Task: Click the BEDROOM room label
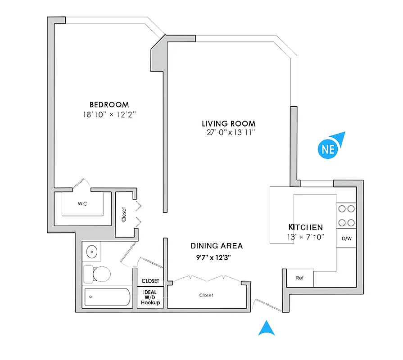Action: pyautogui.click(x=109, y=104)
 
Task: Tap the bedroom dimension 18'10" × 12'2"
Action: pyautogui.click(x=109, y=114)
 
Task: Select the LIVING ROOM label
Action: pyautogui.click(x=228, y=123)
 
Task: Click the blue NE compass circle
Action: pyautogui.click(x=328, y=149)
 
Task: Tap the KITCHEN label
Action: pyautogui.click(x=305, y=227)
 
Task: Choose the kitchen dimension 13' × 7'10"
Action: pyautogui.click(x=306, y=237)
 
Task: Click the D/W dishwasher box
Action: pyautogui.click(x=346, y=238)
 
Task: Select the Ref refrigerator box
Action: pyautogui.click(x=300, y=278)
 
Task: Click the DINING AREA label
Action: pyautogui.click(x=217, y=246)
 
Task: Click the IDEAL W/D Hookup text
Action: pyautogui.click(x=150, y=297)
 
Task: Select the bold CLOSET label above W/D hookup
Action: pyautogui.click(x=150, y=281)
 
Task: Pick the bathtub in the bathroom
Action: pyautogui.click(x=107, y=297)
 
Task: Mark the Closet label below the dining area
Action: pyautogui.click(x=206, y=295)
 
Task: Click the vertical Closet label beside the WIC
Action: pyautogui.click(x=124, y=214)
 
